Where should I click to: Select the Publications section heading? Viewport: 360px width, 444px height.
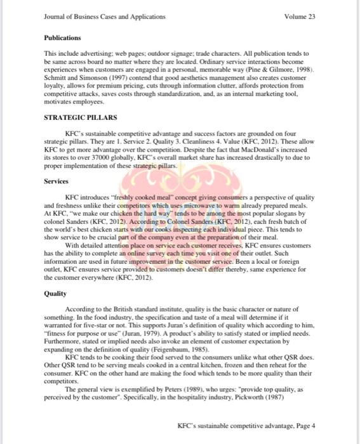[62, 38]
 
